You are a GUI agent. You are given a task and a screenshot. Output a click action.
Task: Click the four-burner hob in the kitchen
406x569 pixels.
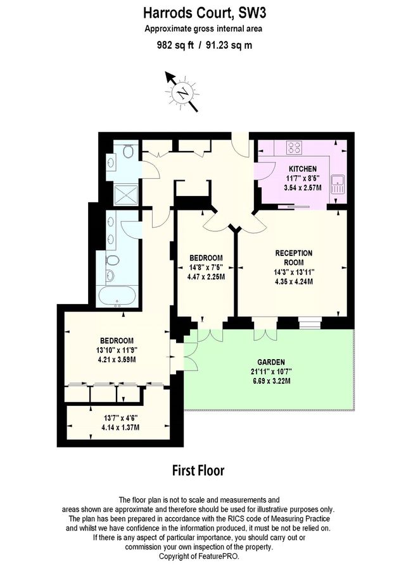click(x=295, y=148)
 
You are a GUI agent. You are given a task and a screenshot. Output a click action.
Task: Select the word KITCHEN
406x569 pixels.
click(x=303, y=169)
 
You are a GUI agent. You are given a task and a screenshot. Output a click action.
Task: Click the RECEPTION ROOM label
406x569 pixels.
click(x=293, y=257)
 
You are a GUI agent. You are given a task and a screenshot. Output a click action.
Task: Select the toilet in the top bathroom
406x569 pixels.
click(x=128, y=151)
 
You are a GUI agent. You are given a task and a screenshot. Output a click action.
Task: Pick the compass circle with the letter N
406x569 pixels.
click(x=182, y=95)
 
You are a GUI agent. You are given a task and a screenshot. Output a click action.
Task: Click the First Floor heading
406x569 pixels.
click(x=198, y=471)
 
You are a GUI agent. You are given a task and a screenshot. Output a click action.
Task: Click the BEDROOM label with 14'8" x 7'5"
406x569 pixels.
click(x=206, y=257)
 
